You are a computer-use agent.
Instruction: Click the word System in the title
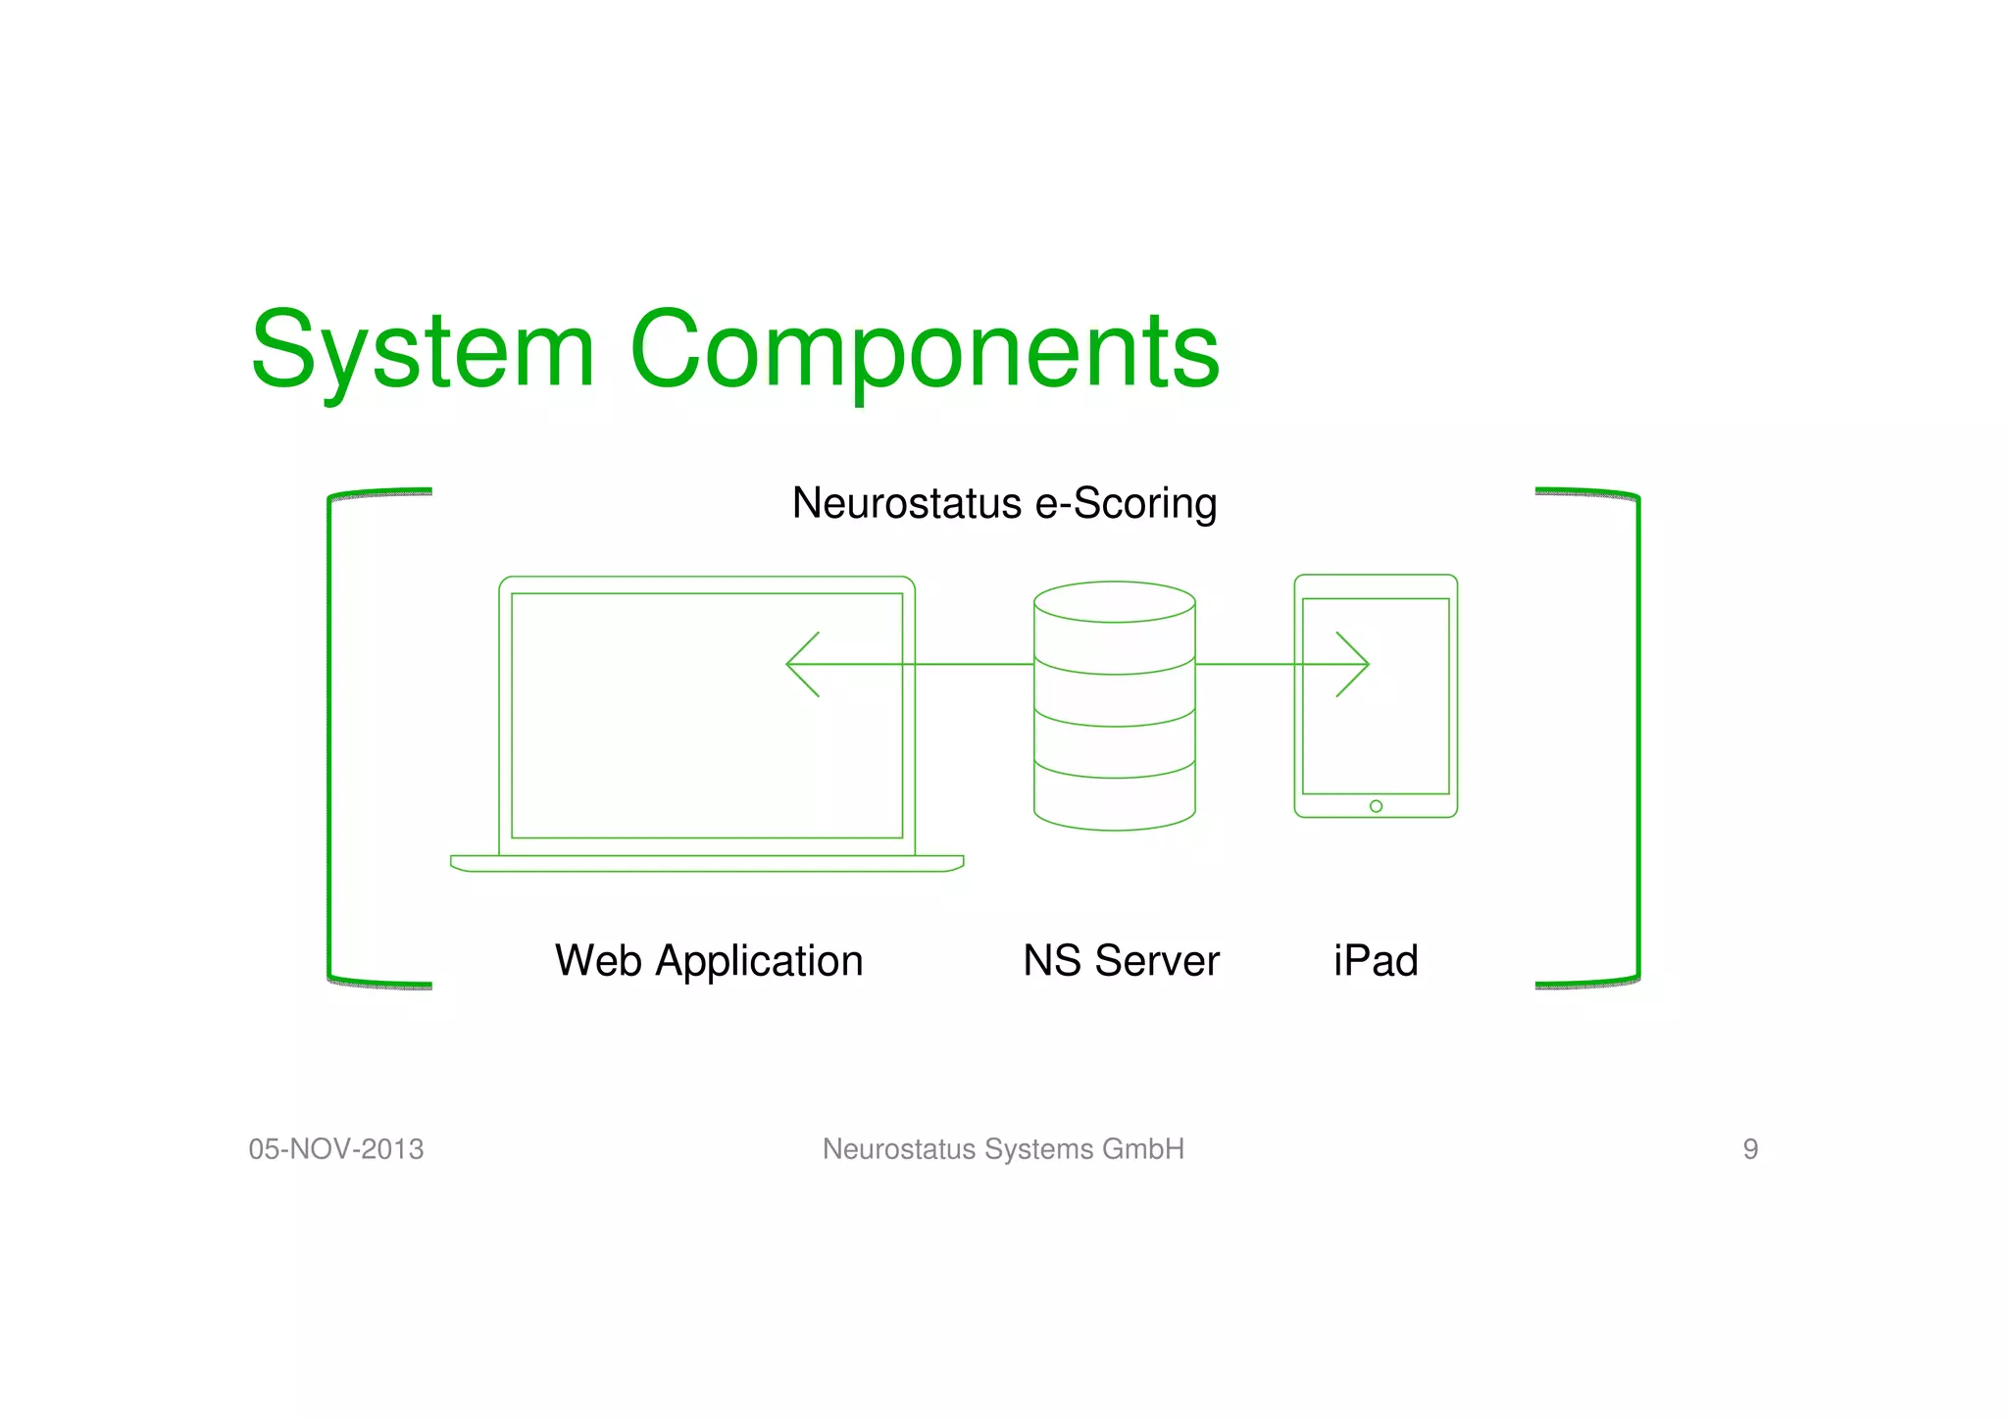[423, 351]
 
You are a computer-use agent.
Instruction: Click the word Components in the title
[925, 351]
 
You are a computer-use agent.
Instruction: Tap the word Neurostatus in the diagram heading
[907, 503]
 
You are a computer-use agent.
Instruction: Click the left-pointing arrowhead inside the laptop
[800, 664]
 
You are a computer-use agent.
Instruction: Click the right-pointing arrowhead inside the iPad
[1356, 664]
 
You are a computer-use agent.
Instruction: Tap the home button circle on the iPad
[1376, 806]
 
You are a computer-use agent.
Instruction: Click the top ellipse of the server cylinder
[1114, 601]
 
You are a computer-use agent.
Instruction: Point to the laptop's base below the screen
[706, 863]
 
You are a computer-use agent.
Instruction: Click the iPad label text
[1375, 961]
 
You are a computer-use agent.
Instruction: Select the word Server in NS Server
[1157, 961]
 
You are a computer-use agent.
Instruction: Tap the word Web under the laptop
[598, 961]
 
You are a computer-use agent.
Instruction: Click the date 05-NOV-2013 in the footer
[336, 1149]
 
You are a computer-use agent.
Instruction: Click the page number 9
[1750, 1149]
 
